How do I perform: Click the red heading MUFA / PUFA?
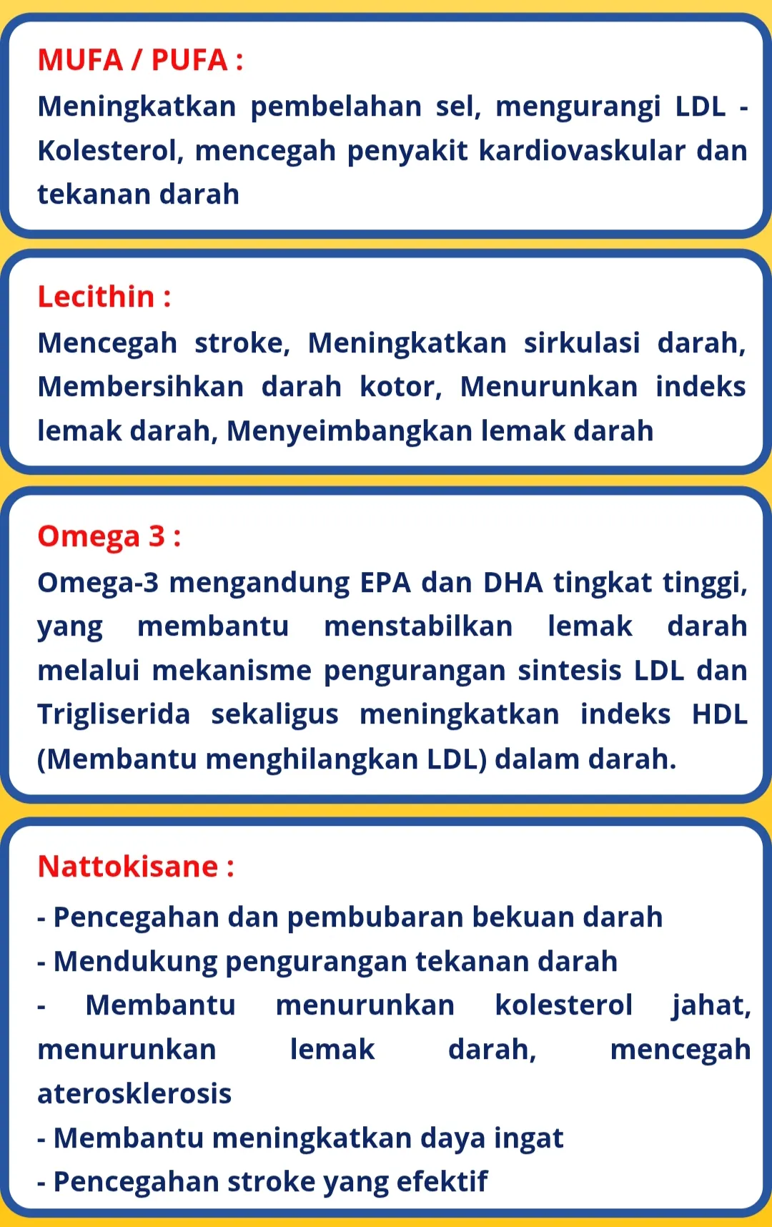coord(139,60)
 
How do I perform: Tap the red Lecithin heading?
coord(104,297)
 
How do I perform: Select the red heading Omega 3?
coord(109,536)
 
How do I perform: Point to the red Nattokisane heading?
coord(135,867)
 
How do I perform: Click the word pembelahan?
coord(336,107)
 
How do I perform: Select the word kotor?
coord(400,387)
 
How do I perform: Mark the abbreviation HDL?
coord(719,714)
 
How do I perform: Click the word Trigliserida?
coord(114,714)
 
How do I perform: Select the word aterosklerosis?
coord(134,1094)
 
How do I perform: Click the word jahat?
coord(711,1005)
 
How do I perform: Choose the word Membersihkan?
coord(141,387)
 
